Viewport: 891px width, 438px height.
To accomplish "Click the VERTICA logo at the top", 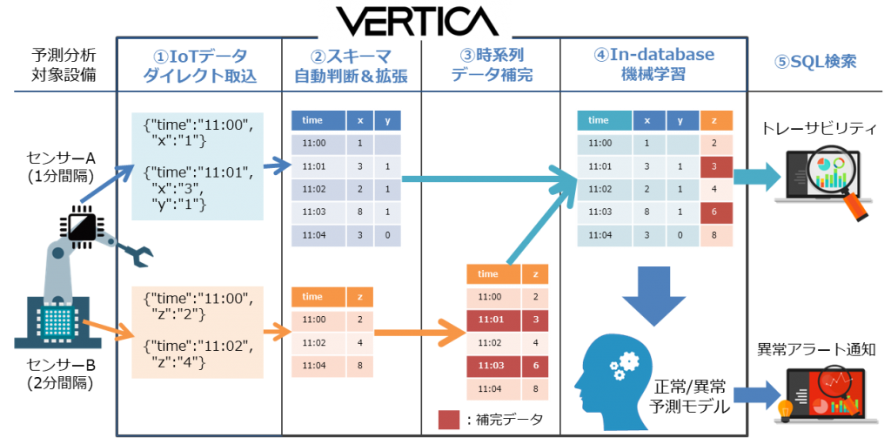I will [414, 20].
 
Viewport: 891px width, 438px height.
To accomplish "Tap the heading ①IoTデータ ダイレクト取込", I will [200, 65].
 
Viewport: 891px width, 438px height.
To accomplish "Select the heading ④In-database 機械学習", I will [653, 64].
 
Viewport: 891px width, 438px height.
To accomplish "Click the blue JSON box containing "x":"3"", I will [198, 166].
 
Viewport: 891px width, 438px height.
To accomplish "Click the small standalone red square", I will [448, 420].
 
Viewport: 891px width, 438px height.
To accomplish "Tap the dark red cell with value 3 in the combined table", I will [714, 165].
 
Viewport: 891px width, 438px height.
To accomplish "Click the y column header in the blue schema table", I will [387, 120].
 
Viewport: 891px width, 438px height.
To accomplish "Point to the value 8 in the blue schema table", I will [359, 211].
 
